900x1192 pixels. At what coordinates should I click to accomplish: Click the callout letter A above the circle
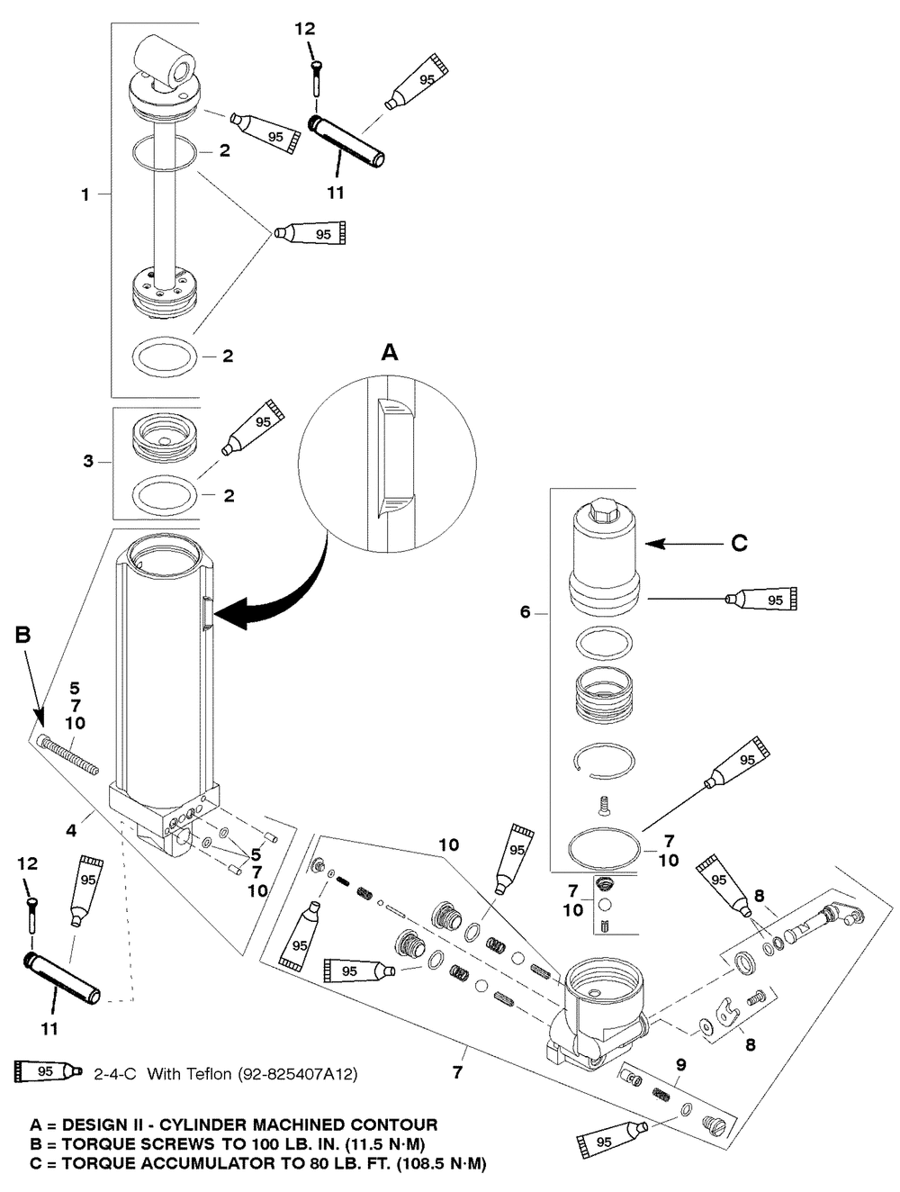pyautogui.click(x=390, y=353)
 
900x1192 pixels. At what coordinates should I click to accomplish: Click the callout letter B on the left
pyautogui.click(x=23, y=635)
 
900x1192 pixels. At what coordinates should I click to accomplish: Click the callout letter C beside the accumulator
pyautogui.click(x=739, y=544)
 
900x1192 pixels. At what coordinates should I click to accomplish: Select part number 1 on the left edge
pyautogui.click(x=85, y=194)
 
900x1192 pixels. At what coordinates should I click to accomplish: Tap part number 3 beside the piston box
pyautogui.click(x=88, y=462)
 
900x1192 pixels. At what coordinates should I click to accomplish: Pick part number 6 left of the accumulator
pyautogui.click(x=526, y=612)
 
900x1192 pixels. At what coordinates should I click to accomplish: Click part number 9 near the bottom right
pyautogui.click(x=681, y=1065)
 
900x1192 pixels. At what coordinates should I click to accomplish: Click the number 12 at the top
pyautogui.click(x=305, y=29)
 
